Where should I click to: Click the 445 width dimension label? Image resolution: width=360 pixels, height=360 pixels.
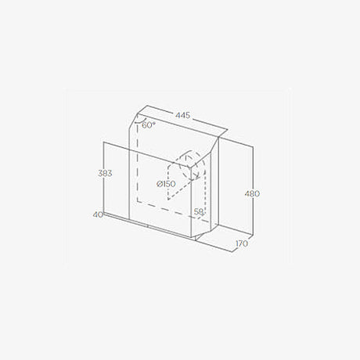pyautogui.click(x=182, y=115)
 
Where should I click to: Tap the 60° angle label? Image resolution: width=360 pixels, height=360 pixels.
pyautogui.click(x=149, y=124)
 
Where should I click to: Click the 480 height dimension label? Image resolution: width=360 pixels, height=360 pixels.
pyautogui.click(x=251, y=193)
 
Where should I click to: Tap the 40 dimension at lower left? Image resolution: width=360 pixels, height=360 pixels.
pyautogui.click(x=97, y=214)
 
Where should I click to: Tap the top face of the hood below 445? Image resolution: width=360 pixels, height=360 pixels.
pyautogui.click(x=176, y=129)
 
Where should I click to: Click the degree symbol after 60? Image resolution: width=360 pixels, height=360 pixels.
pyautogui.click(x=154, y=122)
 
